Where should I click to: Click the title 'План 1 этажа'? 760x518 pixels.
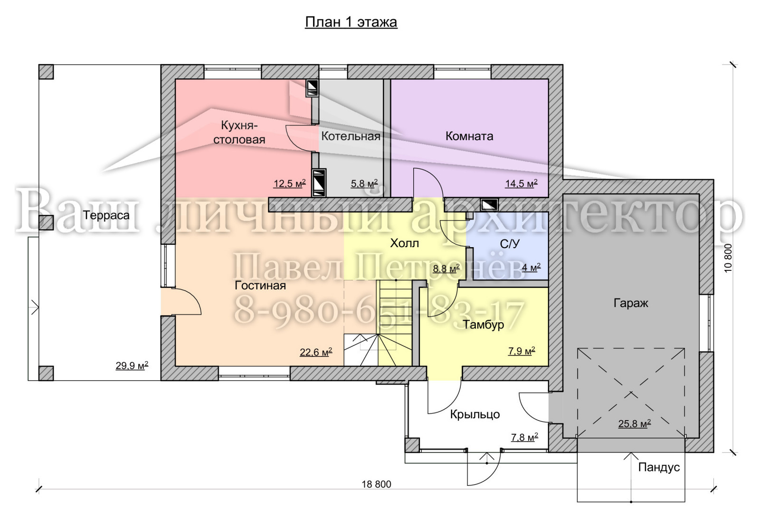[351, 22]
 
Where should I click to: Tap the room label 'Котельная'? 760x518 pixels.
[351, 136]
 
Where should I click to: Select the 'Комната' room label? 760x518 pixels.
[469, 136]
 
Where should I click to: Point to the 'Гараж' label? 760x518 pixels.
[631, 303]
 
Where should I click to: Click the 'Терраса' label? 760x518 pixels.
[106, 215]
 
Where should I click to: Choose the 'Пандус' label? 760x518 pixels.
[659, 468]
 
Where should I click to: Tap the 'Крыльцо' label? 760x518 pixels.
[475, 414]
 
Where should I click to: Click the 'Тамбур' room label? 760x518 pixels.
[484, 325]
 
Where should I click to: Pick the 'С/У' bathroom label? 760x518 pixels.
[510, 243]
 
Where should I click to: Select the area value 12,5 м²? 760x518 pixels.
[289, 183]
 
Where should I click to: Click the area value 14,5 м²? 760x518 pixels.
[521, 183]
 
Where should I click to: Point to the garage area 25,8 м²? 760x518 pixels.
[635, 423]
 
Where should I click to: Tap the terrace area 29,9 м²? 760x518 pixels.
[132, 365]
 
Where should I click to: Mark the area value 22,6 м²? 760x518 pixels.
[316, 352]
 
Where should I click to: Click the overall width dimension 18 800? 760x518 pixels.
[376, 484]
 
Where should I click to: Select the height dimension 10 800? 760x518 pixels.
[728, 259]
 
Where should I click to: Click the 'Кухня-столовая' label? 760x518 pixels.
[239, 133]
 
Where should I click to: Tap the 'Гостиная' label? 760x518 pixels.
[260, 286]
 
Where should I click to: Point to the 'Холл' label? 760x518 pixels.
[404, 243]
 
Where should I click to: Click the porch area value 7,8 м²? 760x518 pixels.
[524, 438]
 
